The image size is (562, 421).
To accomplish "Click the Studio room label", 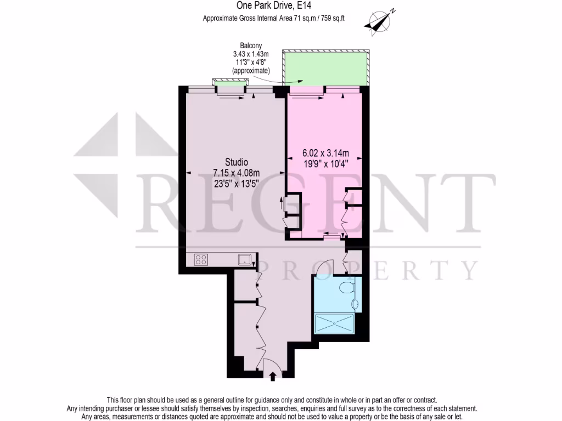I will [x=237, y=162].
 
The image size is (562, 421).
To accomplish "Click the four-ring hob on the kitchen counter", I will [x=201, y=259].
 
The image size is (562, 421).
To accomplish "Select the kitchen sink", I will [x=244, y=259].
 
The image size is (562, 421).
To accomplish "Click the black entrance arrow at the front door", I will [x=273, y=376].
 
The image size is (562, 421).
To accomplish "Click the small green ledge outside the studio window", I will [x=230, y=83].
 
